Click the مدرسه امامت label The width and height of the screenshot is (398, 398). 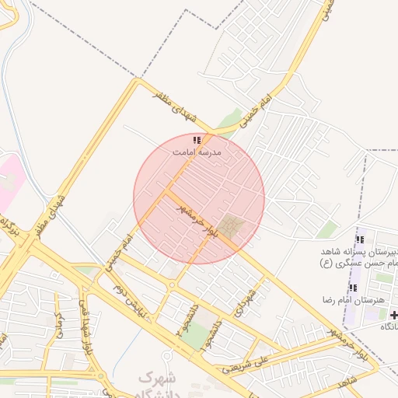[197, 153]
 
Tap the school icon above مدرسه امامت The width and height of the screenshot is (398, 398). [197, 141]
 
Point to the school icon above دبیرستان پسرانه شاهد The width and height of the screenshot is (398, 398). [358, 239]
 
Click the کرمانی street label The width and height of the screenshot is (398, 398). [59, 326]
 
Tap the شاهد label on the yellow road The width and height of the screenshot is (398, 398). [347, 381]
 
